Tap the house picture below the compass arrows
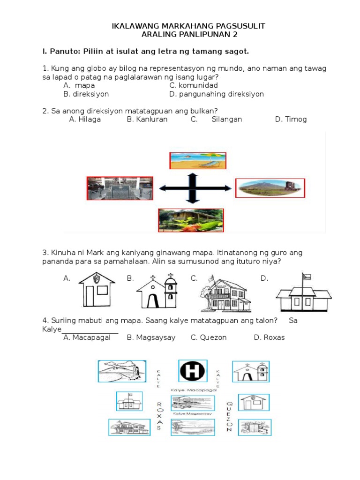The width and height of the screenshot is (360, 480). pos(190,220)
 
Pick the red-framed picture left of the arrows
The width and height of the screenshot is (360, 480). pos(120,188)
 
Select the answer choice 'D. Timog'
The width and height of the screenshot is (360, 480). pos(291,119)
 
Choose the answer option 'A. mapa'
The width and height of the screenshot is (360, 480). pos(79,85)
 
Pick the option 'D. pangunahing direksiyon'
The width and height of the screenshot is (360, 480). pos(217,94)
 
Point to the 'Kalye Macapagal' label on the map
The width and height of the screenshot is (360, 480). pos(194,390)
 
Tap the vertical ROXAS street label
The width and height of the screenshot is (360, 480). pos(159,415)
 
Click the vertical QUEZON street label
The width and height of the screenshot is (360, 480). pos(229,417)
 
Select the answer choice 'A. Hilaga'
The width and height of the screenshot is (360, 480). pos(85,119)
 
